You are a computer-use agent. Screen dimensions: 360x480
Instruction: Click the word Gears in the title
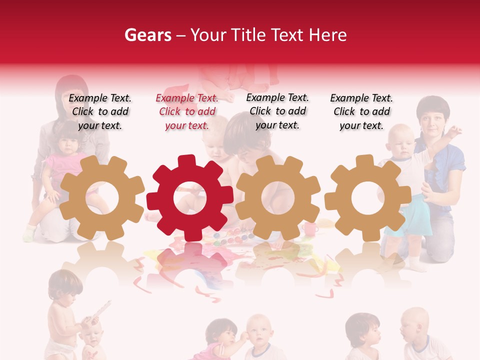147,35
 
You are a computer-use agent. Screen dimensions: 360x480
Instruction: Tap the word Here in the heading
327,35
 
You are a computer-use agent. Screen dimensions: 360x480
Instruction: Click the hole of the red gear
190,198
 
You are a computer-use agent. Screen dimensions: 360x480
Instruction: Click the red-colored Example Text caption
187,112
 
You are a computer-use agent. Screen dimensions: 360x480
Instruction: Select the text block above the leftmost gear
100,112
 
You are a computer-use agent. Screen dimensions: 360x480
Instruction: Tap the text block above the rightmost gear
361,112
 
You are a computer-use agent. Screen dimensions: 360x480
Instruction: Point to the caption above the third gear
277,111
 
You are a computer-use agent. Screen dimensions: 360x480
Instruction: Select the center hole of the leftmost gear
102,198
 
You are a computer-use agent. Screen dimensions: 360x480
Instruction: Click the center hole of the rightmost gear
367,198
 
